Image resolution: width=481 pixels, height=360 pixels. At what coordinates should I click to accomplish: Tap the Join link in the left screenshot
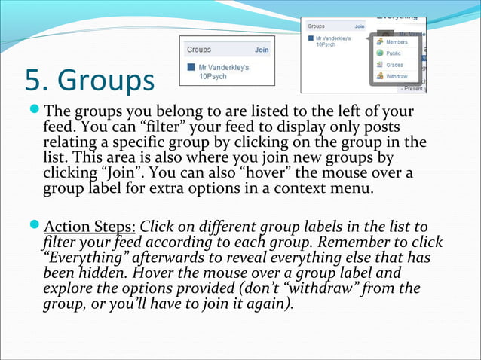(261, 50)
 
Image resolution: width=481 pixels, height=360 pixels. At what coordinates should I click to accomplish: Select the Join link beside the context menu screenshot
(360, 26)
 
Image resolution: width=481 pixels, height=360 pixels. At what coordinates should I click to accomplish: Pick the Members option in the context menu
(397, 42)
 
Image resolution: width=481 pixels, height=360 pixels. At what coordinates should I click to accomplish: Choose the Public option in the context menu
(394, 53)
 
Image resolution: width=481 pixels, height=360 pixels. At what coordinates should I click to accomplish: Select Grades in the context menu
(394, 65)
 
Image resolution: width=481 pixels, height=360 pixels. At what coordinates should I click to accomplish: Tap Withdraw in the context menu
(397, 76)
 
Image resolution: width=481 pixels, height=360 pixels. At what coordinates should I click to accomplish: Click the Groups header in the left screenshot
(199, 50)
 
